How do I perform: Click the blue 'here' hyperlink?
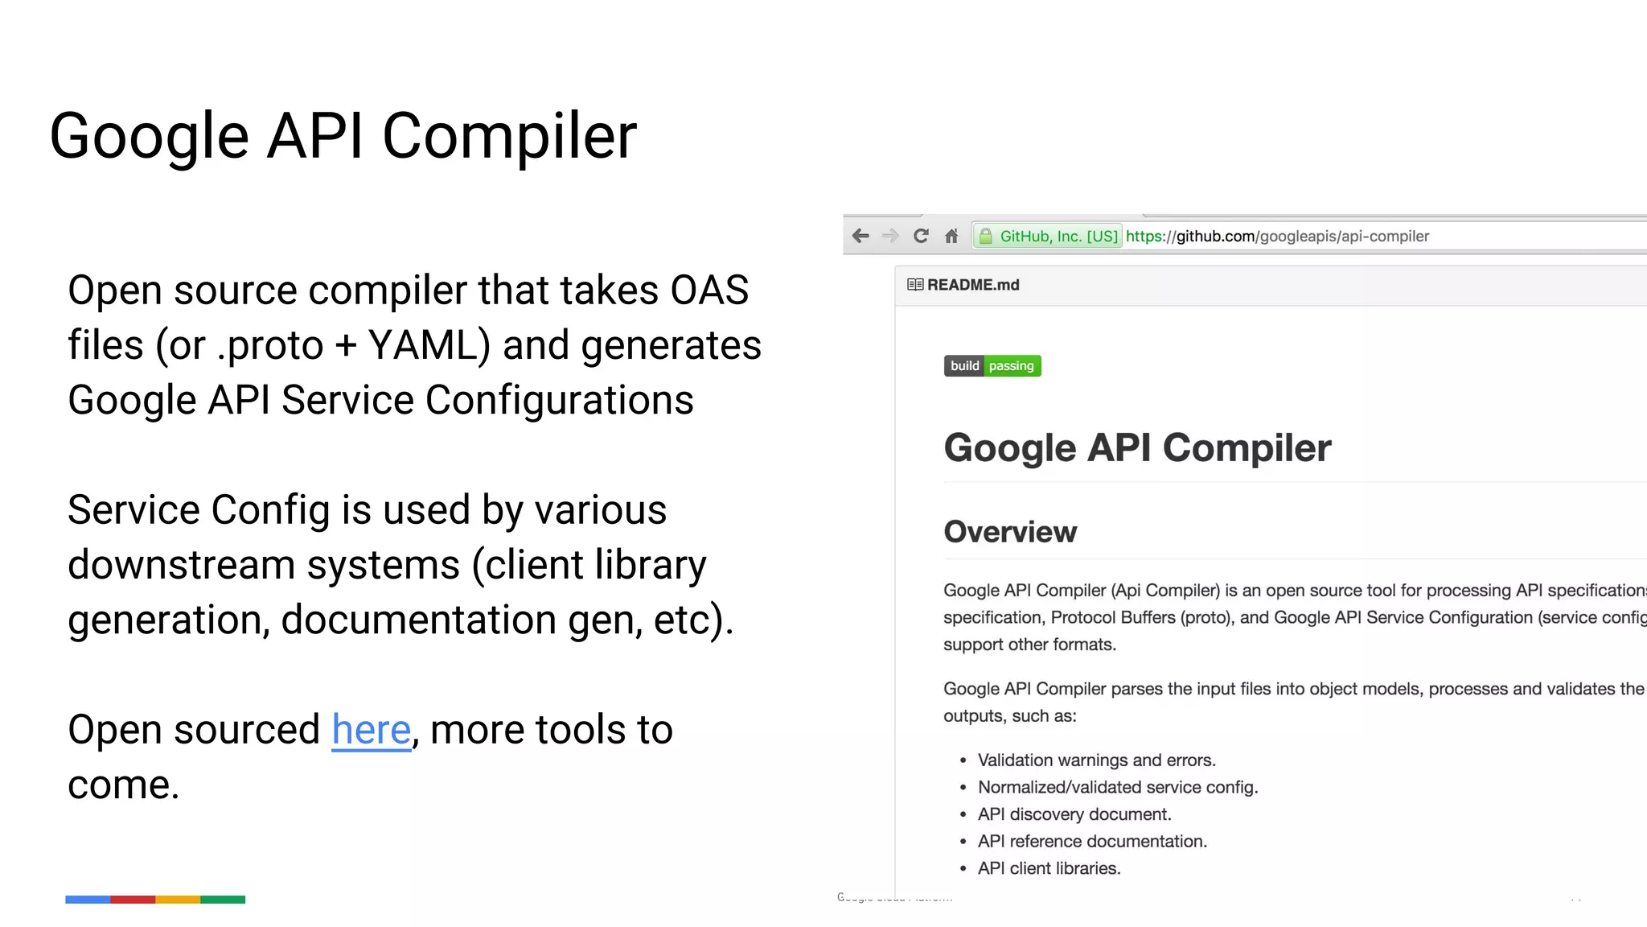pos(371,730)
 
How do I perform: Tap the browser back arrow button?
pos(860,236)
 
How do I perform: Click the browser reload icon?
pos(921,236)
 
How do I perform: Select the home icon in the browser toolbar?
pos(951,236)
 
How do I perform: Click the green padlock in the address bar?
pos(986,236)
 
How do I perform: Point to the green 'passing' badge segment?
pos(1012,366)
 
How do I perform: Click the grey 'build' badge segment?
pos(964,366)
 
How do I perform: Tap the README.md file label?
pos(972,285)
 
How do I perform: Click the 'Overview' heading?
pos(1010,532)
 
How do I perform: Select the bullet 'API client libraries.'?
pos(1049,868)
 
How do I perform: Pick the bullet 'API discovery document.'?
pos(1074,814)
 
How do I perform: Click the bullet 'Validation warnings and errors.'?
pos(1096,760)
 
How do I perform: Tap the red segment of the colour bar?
pos(133,900)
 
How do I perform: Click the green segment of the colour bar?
pos(223,900)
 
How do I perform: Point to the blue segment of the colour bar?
pos(88,900)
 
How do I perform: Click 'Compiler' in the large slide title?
pos(509,136)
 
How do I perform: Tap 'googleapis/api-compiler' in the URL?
pos(1344,237)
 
